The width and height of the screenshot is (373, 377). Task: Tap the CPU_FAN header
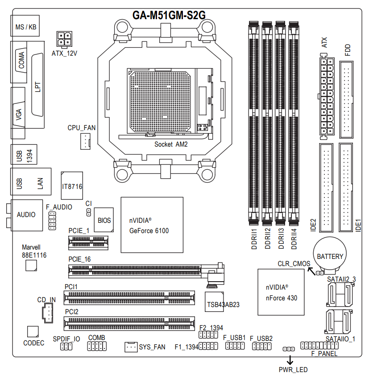coord(84,142)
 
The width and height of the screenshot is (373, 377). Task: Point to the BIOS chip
coord(104,220)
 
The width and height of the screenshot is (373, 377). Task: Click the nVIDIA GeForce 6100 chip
coord(152,225)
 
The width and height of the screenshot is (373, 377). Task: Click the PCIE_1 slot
coord(88,242)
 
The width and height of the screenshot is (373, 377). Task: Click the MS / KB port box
coord(26,27)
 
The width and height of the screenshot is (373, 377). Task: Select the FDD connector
coord(347,100)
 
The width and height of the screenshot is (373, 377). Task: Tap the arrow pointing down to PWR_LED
coord(290,359)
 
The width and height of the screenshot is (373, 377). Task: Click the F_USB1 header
coord(234,346)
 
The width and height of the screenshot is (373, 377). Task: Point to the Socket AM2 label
coord(171,144)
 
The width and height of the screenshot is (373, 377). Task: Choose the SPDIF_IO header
coord(66,346)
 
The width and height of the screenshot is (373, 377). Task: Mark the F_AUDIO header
coord(52,221)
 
